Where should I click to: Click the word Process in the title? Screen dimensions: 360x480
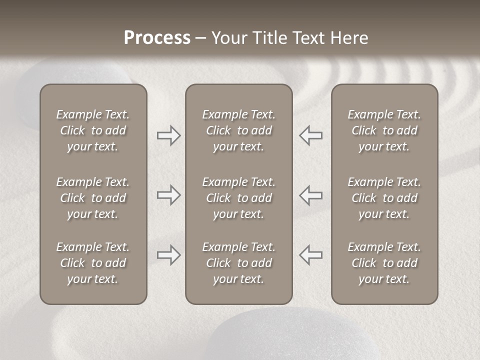(157, 38)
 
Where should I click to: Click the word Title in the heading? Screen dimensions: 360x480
(269, 38)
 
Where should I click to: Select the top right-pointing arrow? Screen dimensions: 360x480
(168, 135)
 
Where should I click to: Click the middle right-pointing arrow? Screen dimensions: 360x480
(168, 195)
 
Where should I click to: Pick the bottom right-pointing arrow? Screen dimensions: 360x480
(168, 255)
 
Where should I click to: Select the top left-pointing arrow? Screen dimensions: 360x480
(310, 135)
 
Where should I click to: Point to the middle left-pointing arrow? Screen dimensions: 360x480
(310, 195)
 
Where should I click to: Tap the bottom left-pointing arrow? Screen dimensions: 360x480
(310, 255)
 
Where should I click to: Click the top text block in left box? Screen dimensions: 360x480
(93, 130)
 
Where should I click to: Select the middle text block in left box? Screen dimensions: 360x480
(93, 198)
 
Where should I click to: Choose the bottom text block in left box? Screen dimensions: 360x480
(93, 263)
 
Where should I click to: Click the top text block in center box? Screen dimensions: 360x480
(238, 130)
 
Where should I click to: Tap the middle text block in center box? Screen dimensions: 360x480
(238, 198)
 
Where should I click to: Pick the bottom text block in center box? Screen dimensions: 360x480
(238, 263)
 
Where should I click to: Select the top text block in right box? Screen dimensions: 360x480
(384, 130)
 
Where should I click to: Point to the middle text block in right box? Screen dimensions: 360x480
(384, 198)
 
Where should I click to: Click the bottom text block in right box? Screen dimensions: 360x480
(384, 263)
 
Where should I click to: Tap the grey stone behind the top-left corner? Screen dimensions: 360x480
(75, 72)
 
